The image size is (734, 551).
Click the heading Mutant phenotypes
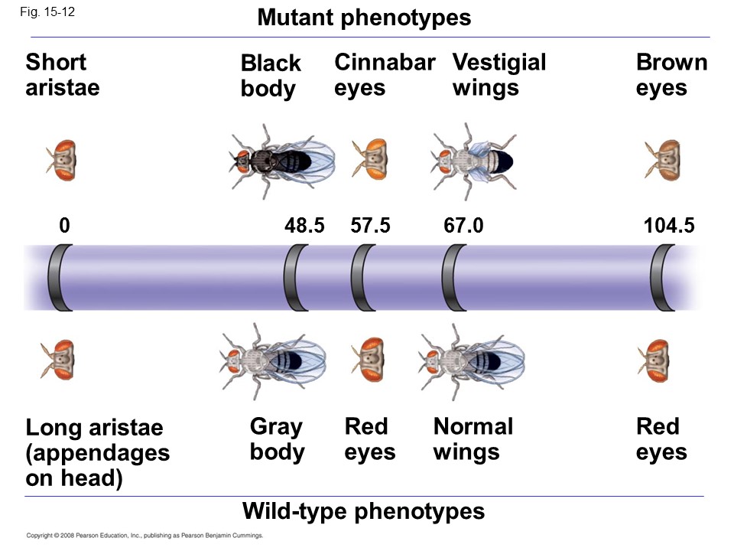[x=364, y=18]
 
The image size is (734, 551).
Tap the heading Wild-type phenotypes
[x=363, y=510]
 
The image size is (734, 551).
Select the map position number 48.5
[x=304, y=226]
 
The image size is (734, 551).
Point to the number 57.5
[x=370, y=226]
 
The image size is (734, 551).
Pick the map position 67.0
[x=463, y=226]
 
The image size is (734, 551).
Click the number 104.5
[x=669, y=226]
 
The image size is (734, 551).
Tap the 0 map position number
[x=64, y=226]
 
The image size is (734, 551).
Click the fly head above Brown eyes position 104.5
[x=662, y=160]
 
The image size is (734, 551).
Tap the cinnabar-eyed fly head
[x=370, y=160]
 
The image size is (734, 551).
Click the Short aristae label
[x=62, y=74]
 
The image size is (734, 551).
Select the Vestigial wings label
[x=499, y=74]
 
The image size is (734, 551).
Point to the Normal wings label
[x=473, y=439]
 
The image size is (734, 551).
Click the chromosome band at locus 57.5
[x=363, y=277]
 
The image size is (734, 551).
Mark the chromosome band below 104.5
[x=662, y=277]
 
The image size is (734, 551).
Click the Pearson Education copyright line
[x=145, y=536]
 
